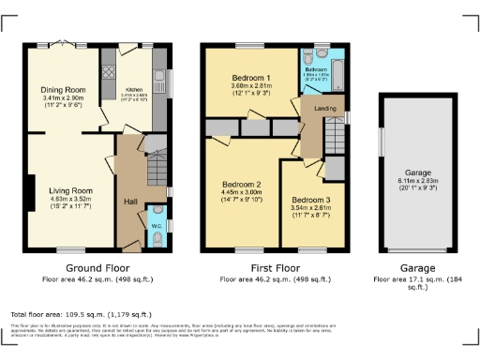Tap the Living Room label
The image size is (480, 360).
[68, 190]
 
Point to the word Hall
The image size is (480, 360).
[130, 201]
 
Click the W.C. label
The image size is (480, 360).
[155, 224]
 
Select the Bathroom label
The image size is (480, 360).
[314, 69]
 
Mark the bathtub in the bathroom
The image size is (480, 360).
[337, 72]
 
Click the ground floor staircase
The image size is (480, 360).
[156, 166]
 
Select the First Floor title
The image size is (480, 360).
[276, 268]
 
